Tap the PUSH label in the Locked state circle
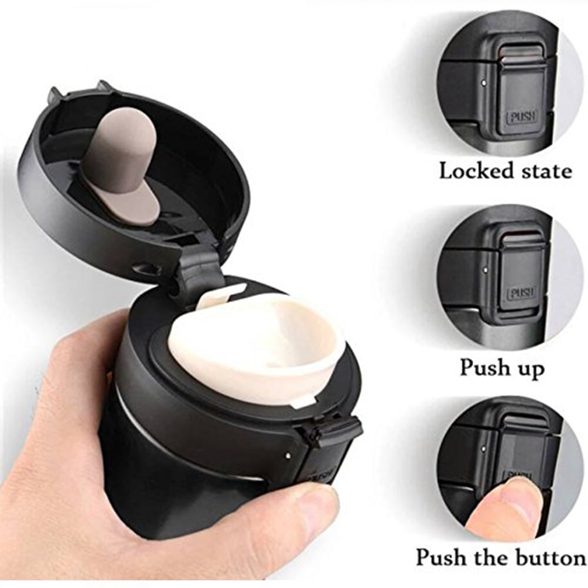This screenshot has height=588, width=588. (522, 117)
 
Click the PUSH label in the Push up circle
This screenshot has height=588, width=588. (522, 292)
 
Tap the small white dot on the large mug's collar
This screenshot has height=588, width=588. (288, 455)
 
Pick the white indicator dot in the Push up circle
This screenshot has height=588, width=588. (486, 269)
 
